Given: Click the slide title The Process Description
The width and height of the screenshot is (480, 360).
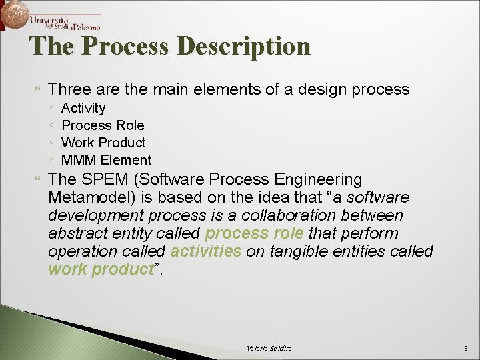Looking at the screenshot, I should pos(170,47).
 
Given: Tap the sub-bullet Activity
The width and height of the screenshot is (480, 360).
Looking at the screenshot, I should pos(83,108).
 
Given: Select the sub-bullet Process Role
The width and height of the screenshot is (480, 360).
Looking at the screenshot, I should pos(103,125).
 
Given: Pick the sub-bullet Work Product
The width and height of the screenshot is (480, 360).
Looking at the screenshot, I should pos(103,143).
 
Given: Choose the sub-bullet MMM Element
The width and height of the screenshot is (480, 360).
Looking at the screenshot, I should pos(106,160).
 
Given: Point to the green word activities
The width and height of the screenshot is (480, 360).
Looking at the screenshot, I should pos(206,251).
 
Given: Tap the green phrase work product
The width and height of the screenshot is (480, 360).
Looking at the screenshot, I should pos(101,269).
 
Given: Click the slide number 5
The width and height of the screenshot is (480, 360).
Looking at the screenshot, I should pos(466,349).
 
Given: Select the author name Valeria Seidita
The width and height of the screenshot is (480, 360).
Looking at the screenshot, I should pos(269,349).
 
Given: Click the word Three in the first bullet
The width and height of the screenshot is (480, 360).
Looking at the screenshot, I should pos(69,89).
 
